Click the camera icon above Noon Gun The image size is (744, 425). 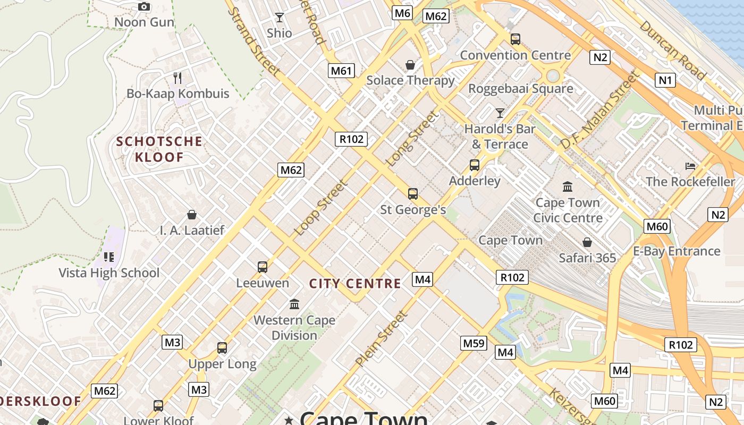coord(143,7)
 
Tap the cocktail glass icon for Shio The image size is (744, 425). coord(279,18)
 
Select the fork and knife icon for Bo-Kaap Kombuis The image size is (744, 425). coord(177,78)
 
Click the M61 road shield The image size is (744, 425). coord(341,71)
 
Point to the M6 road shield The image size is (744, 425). coord(402,13)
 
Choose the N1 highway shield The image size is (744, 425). coord(665,80)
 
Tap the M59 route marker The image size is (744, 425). coord(474,343)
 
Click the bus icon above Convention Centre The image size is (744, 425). coord(515,39)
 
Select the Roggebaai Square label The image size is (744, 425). coord(520,89)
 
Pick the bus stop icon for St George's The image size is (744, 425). coord(413,194)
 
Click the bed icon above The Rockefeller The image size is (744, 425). coord(690,166)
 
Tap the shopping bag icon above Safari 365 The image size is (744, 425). coord(587,242)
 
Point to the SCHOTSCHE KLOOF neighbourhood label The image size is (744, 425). coord(159,149)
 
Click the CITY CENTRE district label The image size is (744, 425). coord(355,284)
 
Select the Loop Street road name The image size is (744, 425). coord(320,208)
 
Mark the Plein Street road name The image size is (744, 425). coord(381,339)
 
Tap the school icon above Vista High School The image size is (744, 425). coord(109,257)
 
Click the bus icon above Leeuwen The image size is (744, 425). coord(262,267)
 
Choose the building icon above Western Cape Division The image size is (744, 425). coord(294,304)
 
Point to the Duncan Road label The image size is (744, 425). coord(672,50)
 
